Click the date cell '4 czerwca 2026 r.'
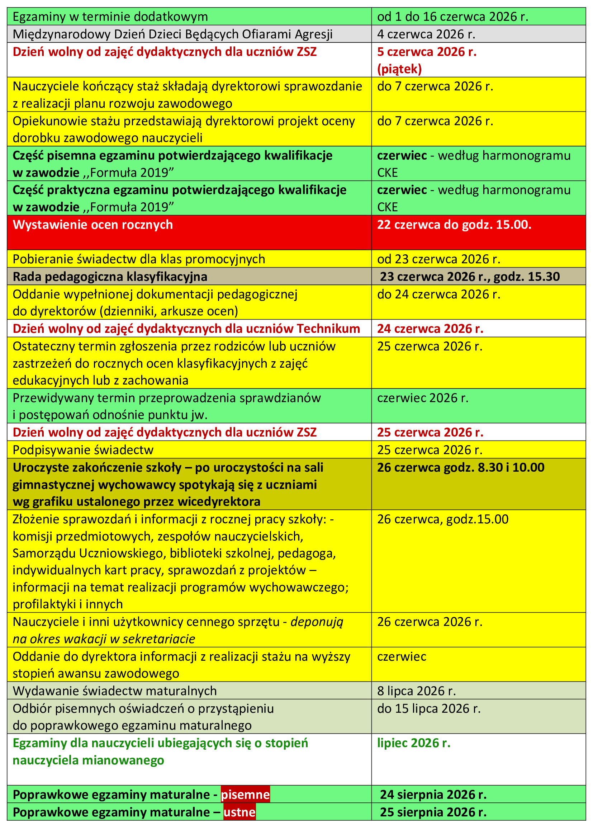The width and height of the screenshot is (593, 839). (426, 34)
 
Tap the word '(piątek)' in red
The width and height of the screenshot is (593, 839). (399, 69)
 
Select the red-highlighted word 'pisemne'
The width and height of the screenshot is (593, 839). (245, 795)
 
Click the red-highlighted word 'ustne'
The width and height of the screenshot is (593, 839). (239, 812)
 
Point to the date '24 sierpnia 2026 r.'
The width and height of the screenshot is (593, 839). (433, 795)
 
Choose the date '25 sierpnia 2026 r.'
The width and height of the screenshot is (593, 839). (433, 812)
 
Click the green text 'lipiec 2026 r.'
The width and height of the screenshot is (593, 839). (414, 743)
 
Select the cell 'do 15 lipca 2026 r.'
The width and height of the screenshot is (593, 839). (429, 708)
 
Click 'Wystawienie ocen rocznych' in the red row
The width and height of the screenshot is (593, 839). (93, 225)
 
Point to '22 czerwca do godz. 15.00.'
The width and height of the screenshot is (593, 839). (454, 225)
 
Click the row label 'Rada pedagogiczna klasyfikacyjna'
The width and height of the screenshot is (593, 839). (110, 277)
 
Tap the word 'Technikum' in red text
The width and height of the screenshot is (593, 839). (328, 329)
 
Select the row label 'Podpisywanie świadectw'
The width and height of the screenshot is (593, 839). (83, 450)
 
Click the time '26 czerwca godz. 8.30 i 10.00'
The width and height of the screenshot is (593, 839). (460, 467)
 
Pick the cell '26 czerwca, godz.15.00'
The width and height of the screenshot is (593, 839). (442, 519)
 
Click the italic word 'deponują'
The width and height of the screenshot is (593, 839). (317, 622)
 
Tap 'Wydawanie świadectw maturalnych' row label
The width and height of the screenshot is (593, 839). (115, 691)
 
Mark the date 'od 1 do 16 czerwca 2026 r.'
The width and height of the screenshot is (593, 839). (453, 17)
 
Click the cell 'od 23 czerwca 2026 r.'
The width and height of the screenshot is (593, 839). (438, 259)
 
